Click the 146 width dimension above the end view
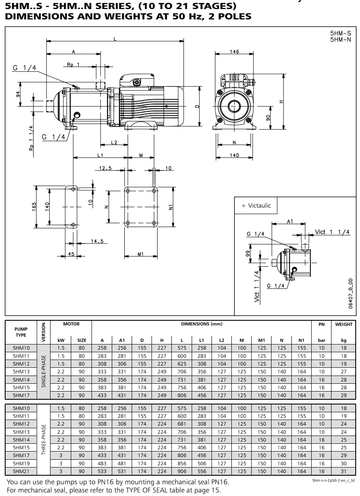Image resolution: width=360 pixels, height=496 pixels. (234, 51)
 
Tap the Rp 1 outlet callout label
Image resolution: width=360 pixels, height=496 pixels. (73, 64)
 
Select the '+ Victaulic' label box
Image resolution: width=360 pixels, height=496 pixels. (256, 205)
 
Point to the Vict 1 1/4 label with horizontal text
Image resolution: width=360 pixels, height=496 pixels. (332, 232)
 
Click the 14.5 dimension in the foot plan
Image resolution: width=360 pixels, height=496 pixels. (97, 241)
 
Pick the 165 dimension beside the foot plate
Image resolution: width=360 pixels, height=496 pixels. (34, 207)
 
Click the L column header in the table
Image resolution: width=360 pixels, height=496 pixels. (182, 340)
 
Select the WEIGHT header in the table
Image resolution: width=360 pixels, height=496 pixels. (344, 324)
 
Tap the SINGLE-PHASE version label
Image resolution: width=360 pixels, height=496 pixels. (44, 371)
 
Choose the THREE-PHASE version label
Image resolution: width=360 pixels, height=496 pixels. (44, 440)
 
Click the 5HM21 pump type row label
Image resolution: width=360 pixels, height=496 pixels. (21, 471)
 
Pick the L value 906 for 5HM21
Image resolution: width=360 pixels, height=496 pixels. (182, 471)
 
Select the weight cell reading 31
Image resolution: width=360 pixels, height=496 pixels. (344, 471)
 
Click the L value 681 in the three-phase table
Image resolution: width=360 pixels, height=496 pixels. (182, 424)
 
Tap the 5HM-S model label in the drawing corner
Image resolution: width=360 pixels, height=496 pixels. (341, 33)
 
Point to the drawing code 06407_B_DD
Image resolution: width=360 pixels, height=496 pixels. (351, 294)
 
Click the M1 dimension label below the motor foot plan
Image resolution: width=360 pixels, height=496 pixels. (141, 254)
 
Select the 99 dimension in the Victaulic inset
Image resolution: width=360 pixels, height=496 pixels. (248, 253)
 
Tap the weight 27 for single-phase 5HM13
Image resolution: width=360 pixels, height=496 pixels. (344, 372)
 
